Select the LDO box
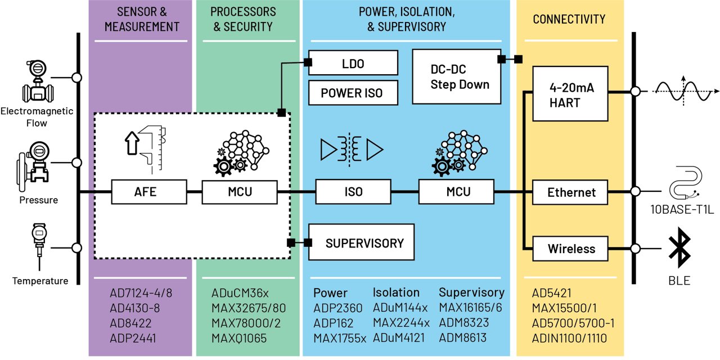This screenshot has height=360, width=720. pyautogui.click(x=353, y=64)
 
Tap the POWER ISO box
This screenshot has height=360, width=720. pyautogui.click(x=353, y=93)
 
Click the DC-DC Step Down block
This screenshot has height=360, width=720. pyautogui.click(x=456, y=76)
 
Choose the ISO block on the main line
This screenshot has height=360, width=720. pyautogui.click(x=353, y=192)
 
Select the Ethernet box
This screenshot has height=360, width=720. pyautogui.click(x=571, y=192)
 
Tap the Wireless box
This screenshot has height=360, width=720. pyautogui.click(x=571, y=249)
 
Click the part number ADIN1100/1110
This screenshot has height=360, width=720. pyautogui.click(x=569, y=339)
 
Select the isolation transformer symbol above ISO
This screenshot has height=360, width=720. pyautogui.click(x=352, y=149)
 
